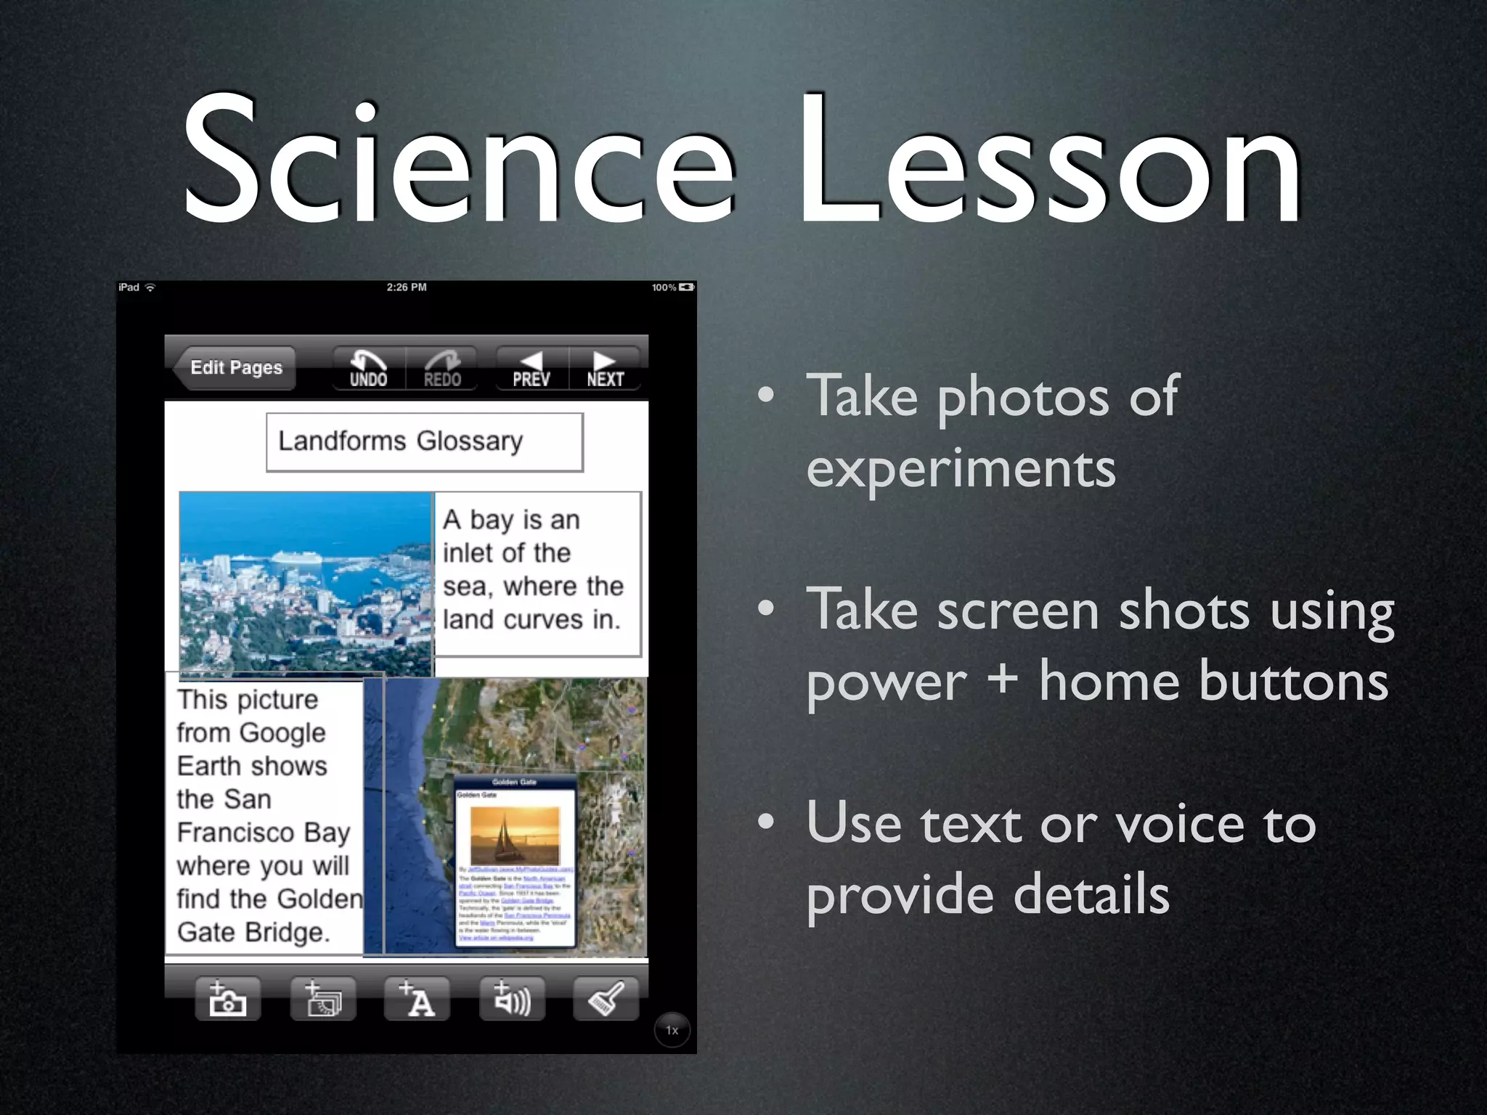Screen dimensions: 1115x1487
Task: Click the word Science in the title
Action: point(457,160)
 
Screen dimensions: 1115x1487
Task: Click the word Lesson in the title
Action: point(1049,160)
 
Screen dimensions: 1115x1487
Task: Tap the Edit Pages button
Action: point(235,368)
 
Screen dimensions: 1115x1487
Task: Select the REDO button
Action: point(442,369)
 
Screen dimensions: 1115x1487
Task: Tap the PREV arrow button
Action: point(531,369)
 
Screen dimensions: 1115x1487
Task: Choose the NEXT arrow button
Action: point(606,369)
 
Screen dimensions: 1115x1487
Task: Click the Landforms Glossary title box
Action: point(424,441)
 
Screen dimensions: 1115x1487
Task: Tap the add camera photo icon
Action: point(227,999)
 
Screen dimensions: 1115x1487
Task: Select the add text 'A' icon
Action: point(417,999)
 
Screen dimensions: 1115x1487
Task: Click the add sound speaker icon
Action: point(512,999)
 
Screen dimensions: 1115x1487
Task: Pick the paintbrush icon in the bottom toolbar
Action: point(606,999)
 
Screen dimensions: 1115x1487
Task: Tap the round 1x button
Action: point(672,1030)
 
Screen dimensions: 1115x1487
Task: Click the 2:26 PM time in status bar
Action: point(407,287)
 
